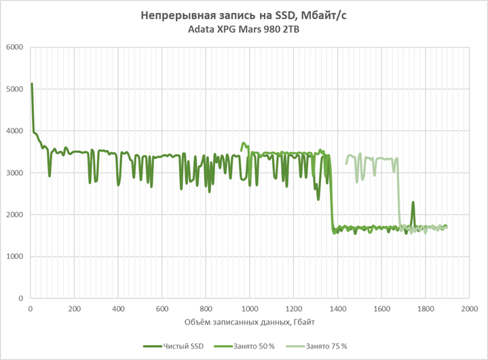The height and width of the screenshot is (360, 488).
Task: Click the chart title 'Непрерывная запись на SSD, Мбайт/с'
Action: (244, 15)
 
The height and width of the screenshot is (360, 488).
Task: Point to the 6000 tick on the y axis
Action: (15, 48)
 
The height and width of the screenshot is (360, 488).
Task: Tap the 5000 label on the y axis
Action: (15, 89)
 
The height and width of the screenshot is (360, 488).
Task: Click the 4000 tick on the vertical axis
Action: (15, 131)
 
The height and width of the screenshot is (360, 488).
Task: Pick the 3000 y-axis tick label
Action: (15, 173)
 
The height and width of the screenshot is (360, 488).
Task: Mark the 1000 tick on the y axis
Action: (15, 257)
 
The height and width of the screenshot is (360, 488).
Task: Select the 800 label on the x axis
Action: (206, 308)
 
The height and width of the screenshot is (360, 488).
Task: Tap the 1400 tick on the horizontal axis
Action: (338, 308)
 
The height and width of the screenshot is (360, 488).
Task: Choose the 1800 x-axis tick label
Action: (426, 308)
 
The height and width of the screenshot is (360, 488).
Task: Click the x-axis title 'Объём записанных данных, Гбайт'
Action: (243, 321)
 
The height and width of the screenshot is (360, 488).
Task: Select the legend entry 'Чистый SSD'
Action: (176, 346)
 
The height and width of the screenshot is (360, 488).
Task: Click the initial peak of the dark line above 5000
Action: (32, 84)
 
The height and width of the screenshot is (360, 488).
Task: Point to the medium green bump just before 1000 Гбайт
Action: (244, 144)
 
